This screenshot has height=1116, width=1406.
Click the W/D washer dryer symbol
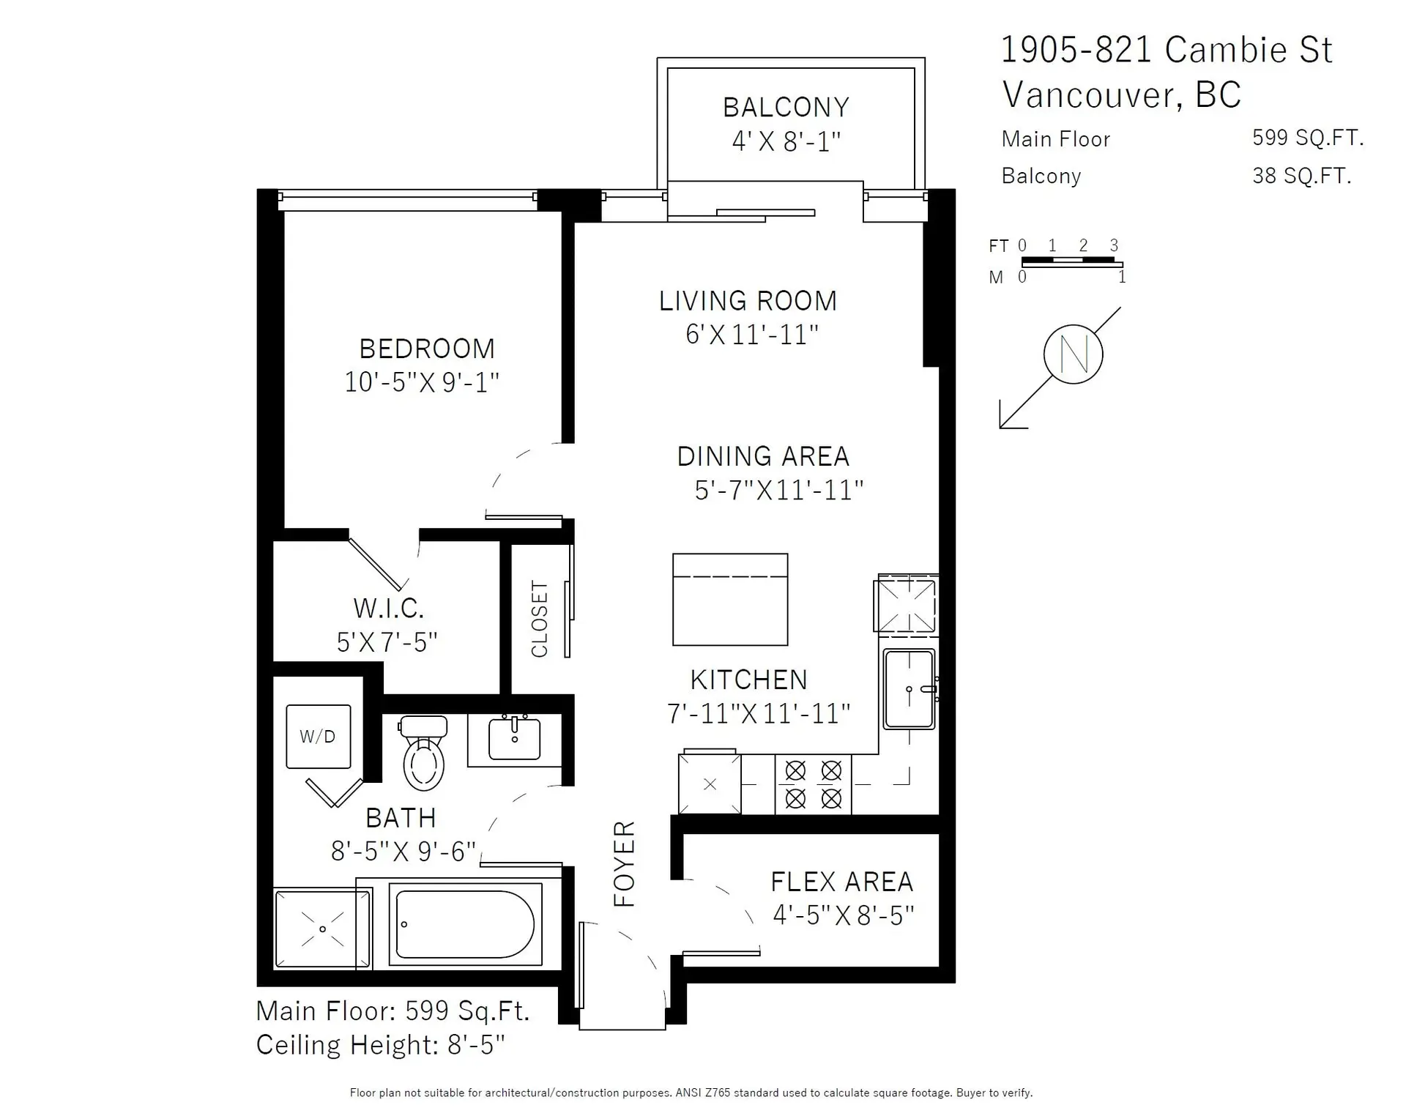(x=318, y=736)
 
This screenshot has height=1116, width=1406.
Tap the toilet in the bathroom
(x=424, y=754)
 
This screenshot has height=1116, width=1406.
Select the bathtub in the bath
(x=465, y=924)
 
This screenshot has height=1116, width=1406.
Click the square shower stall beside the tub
(x=322, y=929)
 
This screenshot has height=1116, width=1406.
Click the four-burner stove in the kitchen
(x=813, y=784)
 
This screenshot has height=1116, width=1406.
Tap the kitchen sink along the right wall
(x=909, y=689)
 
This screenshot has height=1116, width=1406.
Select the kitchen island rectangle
(x=730, y=600)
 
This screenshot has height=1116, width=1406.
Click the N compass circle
(x=1073, y=354)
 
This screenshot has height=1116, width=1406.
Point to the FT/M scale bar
(x=1071, y=261)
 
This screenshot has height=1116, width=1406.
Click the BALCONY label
(x=786, y=108)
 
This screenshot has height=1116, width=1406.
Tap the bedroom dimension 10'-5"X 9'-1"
(x=422, y=382)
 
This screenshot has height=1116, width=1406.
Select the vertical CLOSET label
(x=540, y=619)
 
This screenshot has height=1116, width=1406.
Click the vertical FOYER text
(x=624, y=863)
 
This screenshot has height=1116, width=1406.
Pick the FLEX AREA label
(x=842, y=882)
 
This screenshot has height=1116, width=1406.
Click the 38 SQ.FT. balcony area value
(x=1301, y=176)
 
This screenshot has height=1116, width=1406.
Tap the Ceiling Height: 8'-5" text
(x=380, y=1045)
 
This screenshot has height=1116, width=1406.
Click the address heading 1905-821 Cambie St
(x=1166, y=50)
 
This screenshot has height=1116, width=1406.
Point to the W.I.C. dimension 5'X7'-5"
(x=387, y=642)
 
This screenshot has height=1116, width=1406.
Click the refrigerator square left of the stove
(x=710, y=784)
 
